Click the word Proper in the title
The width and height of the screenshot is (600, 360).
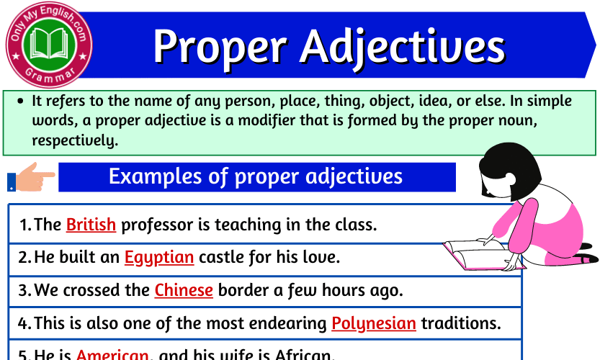[220, 46]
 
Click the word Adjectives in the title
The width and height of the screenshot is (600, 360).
[403, 46]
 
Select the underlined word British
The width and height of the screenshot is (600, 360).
[91, 225]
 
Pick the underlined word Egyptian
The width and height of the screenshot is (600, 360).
[159, 257]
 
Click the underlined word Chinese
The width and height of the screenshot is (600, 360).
[184, 290]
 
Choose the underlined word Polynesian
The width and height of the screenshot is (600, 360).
[374, 323]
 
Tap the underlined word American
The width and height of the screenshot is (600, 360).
[112, 355]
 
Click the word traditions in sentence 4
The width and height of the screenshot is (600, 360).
[460, 323]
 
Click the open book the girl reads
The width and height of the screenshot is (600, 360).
[475, 253]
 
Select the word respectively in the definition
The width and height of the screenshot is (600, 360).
[73, 140]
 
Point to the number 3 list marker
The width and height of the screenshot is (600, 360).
[24, 291]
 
